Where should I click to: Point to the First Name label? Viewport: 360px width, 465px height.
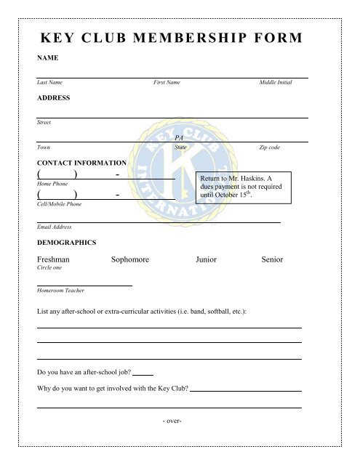click(167, 84)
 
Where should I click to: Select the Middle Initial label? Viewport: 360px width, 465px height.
click(276, 84)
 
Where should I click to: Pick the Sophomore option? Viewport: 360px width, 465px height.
click(135, 259)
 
